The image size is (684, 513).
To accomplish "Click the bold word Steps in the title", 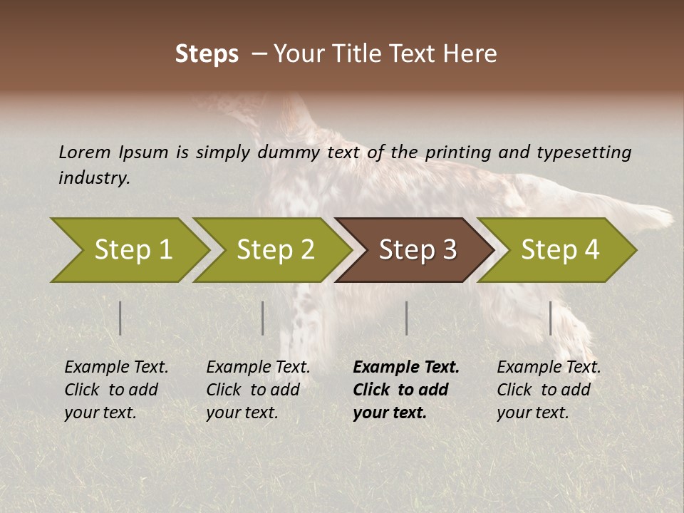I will coord(207,54).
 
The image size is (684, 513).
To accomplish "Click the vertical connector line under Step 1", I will coord(120,318).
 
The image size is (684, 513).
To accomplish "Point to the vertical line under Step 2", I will coord(263,318).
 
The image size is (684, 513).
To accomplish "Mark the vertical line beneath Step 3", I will coord(407,318).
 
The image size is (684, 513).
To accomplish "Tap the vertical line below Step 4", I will coord(551,318).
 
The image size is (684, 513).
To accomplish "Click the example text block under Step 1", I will coord(116,390).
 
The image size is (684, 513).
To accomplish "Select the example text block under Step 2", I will coord(258,390).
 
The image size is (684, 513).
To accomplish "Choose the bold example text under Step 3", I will coord(406,390).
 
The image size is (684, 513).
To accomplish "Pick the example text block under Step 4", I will coord(549,390).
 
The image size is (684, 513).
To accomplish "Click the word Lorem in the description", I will coord(85,152).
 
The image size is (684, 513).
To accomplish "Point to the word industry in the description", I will coord(94,178).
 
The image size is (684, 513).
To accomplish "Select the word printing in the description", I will coord(469,152).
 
